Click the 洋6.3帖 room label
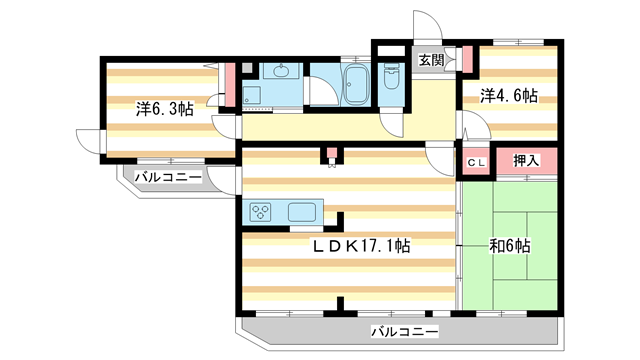pyautogui.click(x=165, y=108)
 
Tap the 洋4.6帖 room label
pyautogui.click(x=508, y=96)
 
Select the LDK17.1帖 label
pyautogui.click(x=362, y=245)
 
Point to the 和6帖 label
pyautogui.click(x=509, y=245)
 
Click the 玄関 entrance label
pyautogui.click(x=431, y=60)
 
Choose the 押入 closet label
pyautogui.click(x=526, y=161)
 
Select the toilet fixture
pyautogui.click(x=391, y=79)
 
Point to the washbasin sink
pyautogui.click(x=280, y=71)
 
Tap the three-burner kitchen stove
pyautogui.click(x=261, y=211)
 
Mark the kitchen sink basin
pyautogui.click(x=303, y=211)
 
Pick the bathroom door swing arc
pyautogui.click(x=322, y=92)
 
